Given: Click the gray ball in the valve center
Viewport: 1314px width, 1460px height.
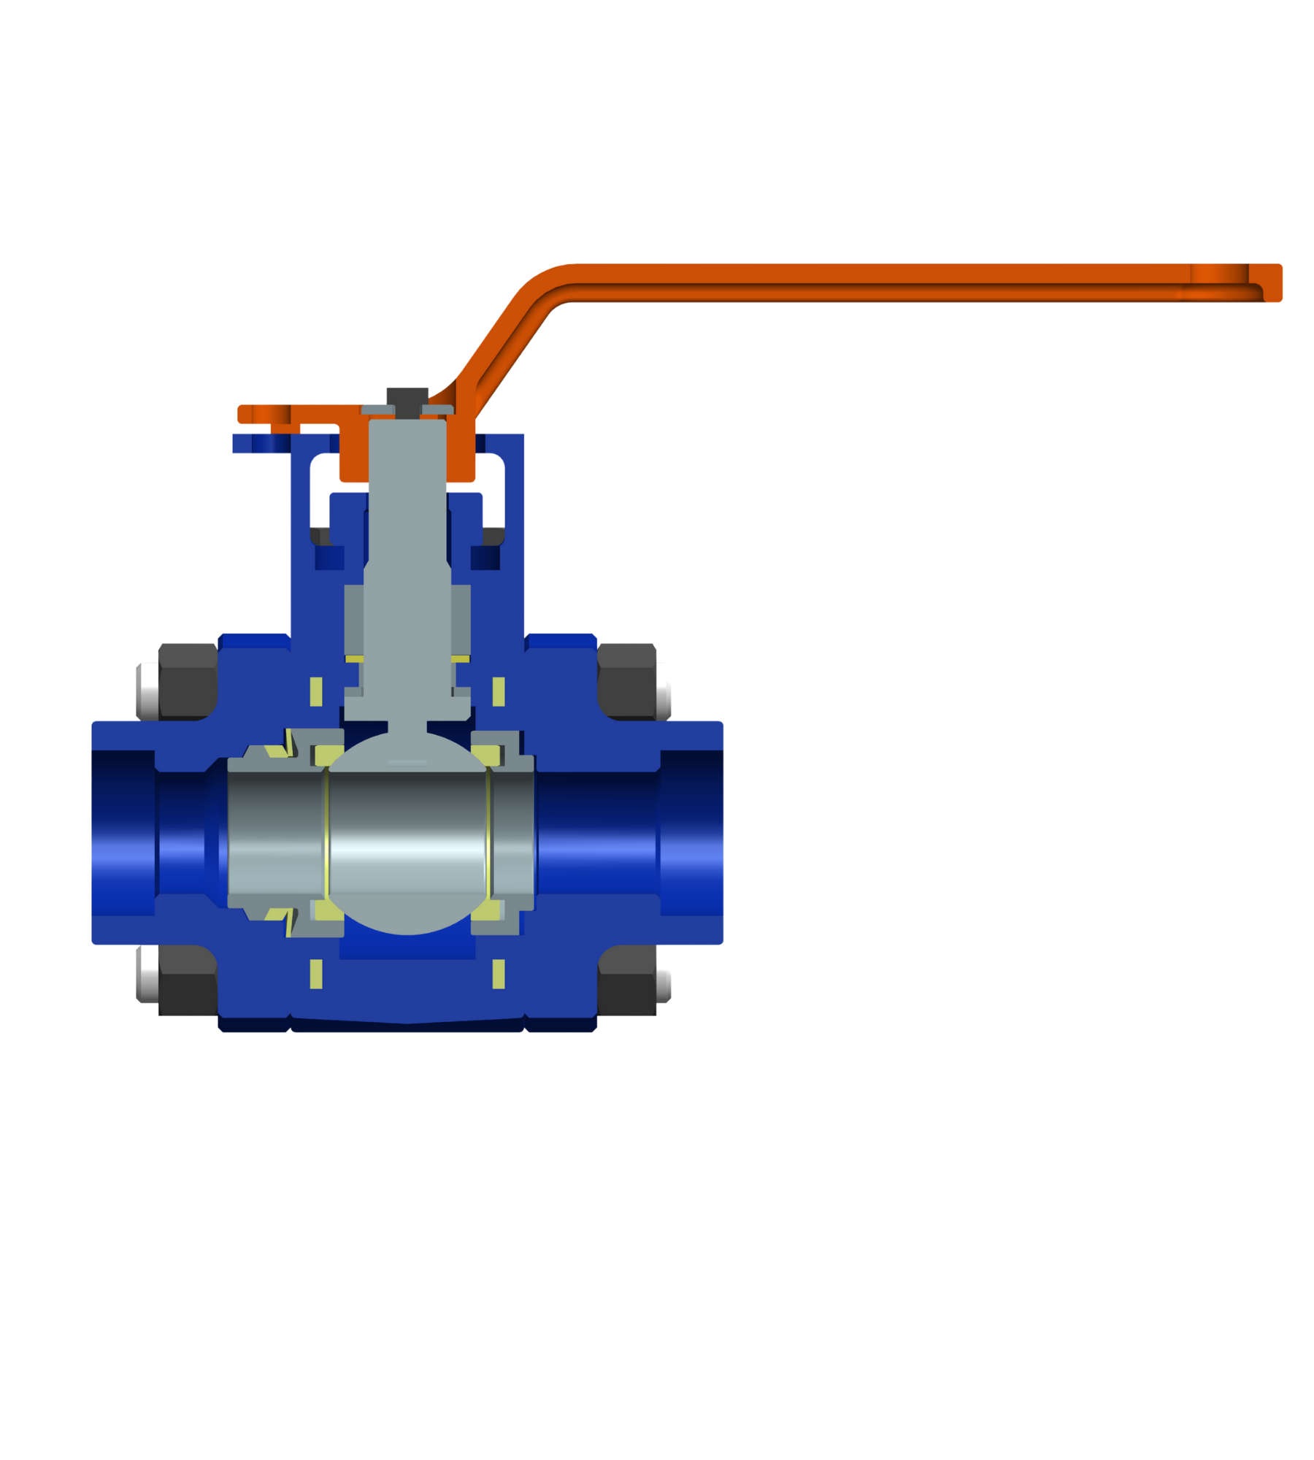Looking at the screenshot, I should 407,839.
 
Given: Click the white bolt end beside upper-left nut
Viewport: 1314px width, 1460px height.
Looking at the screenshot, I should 147,690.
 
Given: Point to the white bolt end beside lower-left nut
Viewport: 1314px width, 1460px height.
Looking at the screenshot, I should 147,975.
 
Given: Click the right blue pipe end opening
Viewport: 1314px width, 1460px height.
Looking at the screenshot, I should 692,832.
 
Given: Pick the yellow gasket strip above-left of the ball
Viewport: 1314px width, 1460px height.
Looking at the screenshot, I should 316,691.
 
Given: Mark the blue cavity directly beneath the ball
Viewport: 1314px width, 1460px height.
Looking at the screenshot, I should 407,947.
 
